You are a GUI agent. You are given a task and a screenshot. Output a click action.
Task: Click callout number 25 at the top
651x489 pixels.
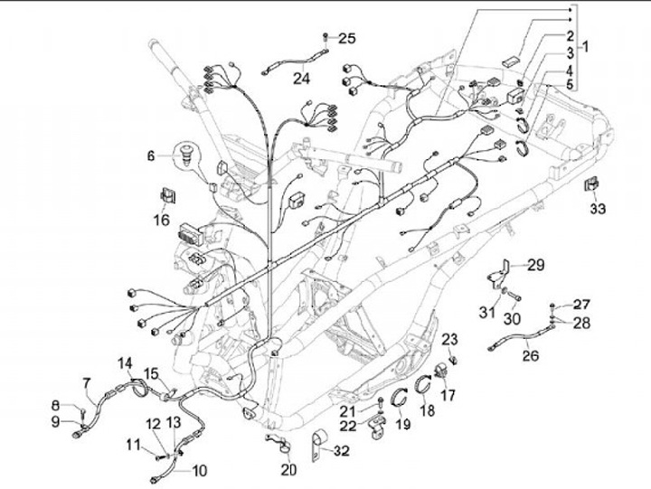347,38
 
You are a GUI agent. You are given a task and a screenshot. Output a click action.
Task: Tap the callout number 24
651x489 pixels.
300,79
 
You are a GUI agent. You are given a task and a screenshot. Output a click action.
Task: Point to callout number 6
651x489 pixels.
152,155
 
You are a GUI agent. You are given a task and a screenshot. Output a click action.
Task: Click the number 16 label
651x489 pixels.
161,219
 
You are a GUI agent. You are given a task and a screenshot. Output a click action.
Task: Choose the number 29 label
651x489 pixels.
536,265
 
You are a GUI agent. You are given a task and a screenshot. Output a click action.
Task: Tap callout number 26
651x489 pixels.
530,356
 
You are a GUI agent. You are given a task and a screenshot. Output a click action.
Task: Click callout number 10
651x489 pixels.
198,471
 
